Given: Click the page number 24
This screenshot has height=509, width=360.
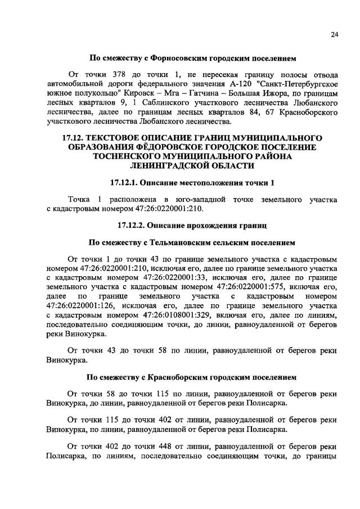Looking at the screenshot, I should point(334,35).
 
